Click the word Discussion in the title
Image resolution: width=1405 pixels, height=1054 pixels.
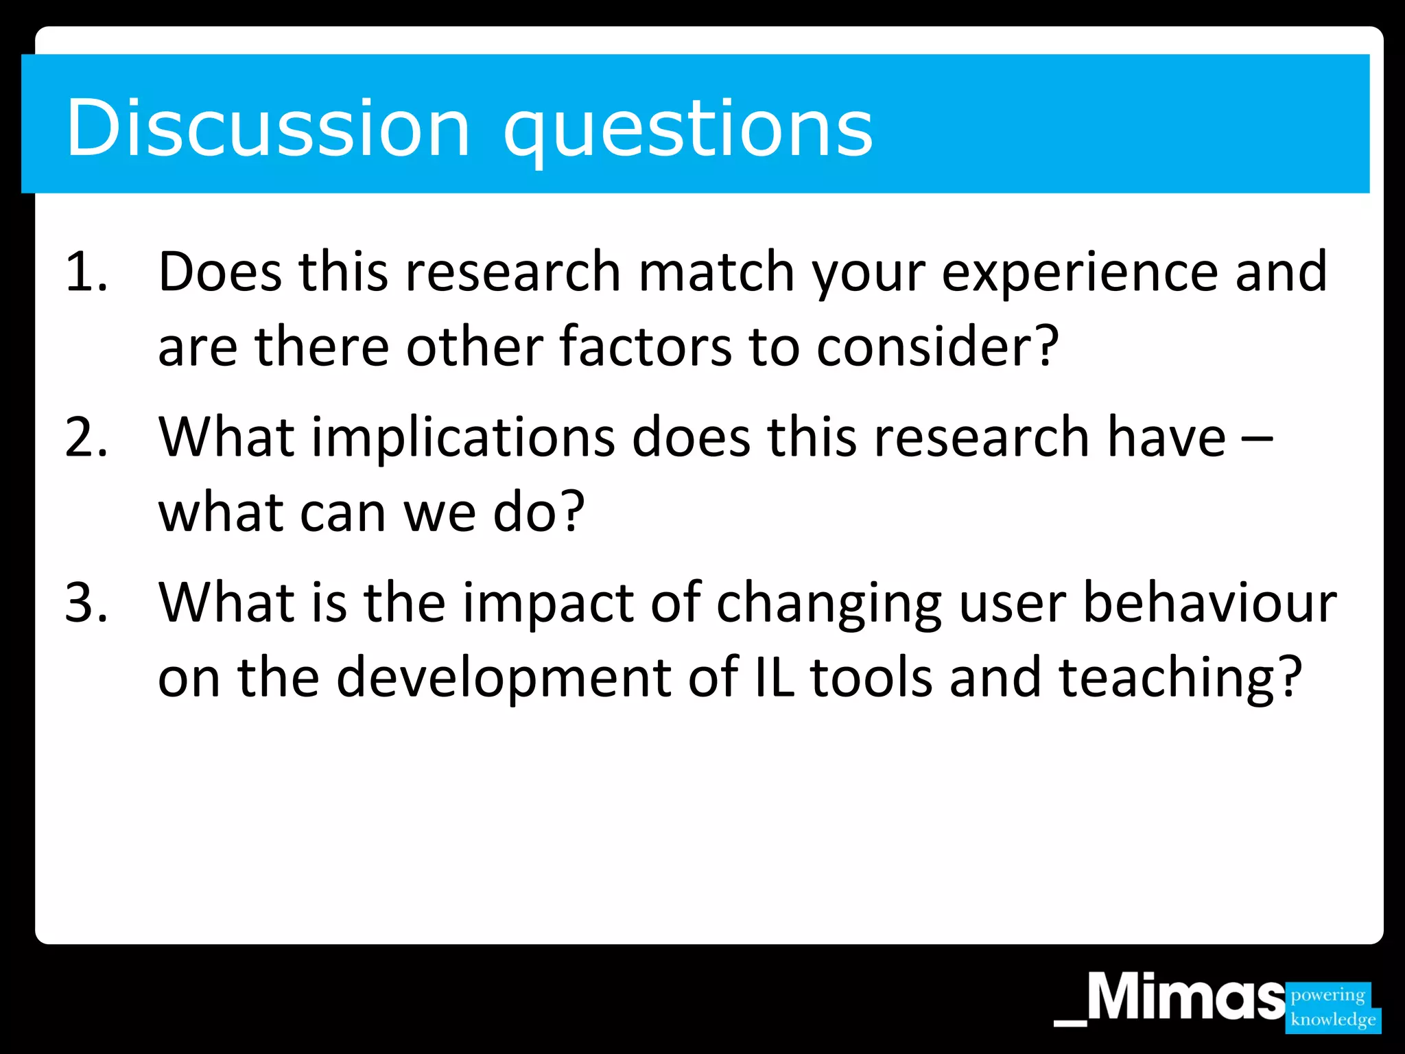click(x=268, y=128)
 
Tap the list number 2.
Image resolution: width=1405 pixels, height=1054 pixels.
click(x=86, y=437)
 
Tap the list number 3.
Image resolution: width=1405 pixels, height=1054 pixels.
click(x=86, y=602)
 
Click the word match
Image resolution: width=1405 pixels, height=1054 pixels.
click(x=716, y=272)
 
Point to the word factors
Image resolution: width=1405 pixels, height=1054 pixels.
click(x=645, y=347)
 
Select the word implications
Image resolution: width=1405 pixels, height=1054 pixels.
click(x=463, y=438)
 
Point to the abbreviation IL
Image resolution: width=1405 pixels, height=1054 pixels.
click(x=774, y=678)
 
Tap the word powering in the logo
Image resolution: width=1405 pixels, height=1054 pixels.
click(x=1327, y=994)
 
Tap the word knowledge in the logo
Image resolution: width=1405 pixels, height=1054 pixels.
click(x=1332, y=1019)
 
